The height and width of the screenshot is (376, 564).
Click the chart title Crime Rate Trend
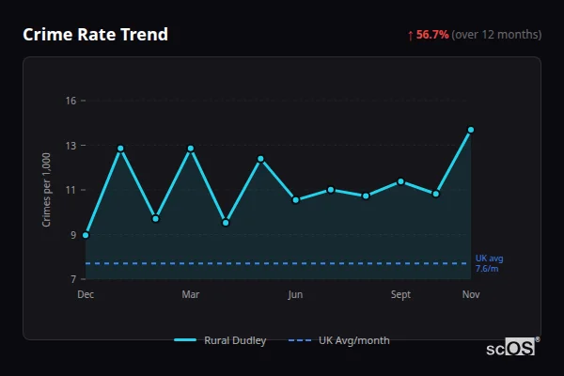tap(96, 35)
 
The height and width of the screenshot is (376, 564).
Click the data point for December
tap(86, 235)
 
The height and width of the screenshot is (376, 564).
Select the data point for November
tap(471, 130)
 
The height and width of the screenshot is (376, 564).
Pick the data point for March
tap(191, 149)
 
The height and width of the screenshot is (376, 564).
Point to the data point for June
tap(295, 199)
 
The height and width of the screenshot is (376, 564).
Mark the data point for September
tap(400, 181)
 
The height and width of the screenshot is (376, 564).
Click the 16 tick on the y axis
tap(70, 101)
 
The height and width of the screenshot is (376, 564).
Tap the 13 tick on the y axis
tap(70, 146)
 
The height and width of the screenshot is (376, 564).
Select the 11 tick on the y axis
tap(70, 190)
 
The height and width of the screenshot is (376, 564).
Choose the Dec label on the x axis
tap(86, 295)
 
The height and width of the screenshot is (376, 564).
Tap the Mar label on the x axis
tap(191, 295)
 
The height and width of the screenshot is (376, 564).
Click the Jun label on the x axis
tap(295, 295)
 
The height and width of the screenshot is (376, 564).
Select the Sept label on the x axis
tap(400, 295)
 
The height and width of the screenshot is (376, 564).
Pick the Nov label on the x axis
tap(471, 295)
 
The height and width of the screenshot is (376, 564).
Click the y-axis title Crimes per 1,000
tap(47, 190)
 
